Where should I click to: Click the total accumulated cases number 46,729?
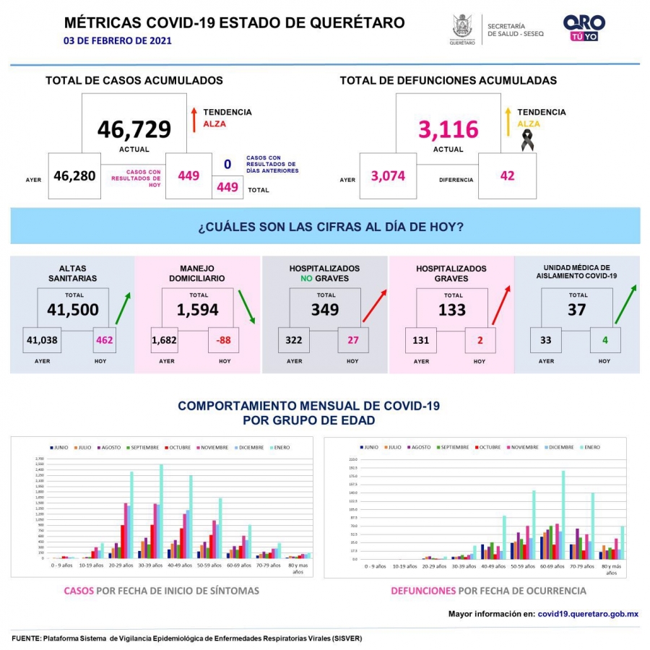tap(134, 129)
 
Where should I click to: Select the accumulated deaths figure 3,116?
tap(448, 129)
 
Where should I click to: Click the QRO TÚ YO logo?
tap(584, 27)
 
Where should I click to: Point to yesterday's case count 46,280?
tap(74, 175)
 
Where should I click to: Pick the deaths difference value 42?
tap(507, 175)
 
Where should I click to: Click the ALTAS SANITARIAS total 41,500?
tap(72, 310)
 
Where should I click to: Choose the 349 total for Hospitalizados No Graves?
tap(325, 310)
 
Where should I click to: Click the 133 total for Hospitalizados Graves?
tap(452, 310)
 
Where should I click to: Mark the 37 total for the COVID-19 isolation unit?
tap(577, 310)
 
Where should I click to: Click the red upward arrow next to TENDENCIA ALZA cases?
tap(194, 120)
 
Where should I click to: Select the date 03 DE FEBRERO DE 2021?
tap(118, 40)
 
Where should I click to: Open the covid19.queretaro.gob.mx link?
tap(588, 614)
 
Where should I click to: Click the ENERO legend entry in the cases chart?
tap(279, 448)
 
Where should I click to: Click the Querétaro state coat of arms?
tap(462, 27)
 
